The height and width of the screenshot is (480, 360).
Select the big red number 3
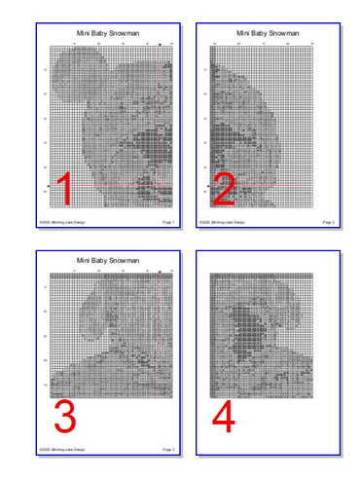(x=64, y=417)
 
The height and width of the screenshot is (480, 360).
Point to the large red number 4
(x=224, y=417)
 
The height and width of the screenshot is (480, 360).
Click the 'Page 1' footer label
(x=168, y=222)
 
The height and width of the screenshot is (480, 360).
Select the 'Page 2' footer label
(x=328, y=222)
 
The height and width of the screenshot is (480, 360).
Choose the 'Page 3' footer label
(x=168, y=449)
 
